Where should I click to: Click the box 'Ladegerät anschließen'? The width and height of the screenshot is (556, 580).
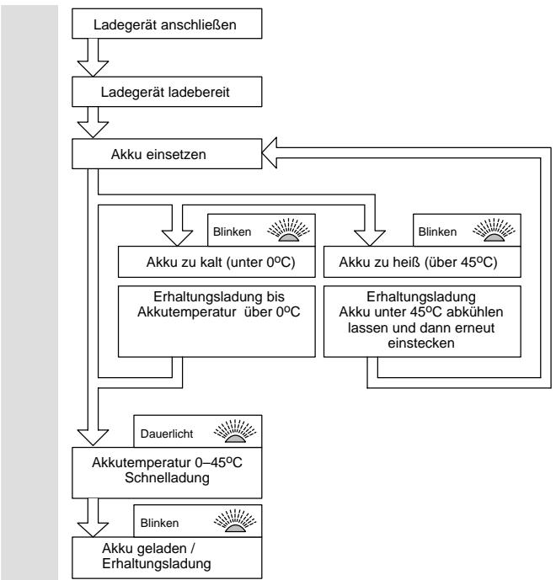[167, 24]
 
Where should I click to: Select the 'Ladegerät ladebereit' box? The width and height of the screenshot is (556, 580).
[167, 92]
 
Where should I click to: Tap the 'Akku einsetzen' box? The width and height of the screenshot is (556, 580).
[167, 154]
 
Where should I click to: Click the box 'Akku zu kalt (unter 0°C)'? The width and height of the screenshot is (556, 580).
[217, 262]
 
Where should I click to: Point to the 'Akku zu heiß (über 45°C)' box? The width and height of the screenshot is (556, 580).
[422, 262]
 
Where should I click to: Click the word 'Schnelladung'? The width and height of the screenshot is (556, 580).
[167, 477]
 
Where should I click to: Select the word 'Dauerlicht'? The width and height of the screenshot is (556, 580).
[167, 434]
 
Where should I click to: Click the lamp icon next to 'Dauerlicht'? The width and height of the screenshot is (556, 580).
[235, 431]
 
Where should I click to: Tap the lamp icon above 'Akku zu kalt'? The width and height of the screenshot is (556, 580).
[288, 230]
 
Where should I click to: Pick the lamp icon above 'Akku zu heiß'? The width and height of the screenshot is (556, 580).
[494, 230]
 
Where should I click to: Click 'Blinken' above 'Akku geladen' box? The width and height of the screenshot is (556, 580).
[159, 523]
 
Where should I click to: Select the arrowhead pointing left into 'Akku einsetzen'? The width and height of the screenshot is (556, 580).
[270, 153]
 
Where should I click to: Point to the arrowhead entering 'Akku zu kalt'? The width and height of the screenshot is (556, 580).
[177, 238]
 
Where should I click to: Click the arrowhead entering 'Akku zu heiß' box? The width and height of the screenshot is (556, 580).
[370, 238]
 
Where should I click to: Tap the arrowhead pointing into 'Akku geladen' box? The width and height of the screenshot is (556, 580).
[93, 529]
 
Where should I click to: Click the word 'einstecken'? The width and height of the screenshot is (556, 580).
[421, 343]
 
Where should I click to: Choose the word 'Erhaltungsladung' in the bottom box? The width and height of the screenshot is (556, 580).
[157, 564]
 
